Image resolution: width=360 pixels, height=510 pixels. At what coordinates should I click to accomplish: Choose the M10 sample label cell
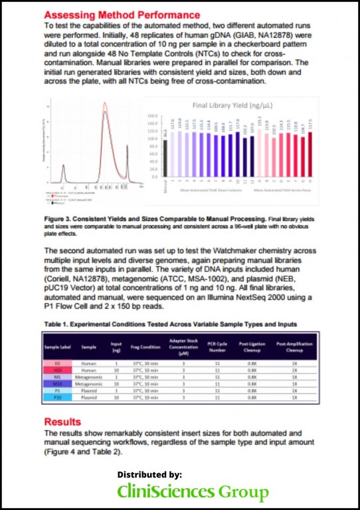point(57,383)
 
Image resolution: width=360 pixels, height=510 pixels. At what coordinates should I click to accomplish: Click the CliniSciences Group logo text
point(193,492)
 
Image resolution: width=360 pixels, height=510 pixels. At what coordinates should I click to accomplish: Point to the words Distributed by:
point(149,475)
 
